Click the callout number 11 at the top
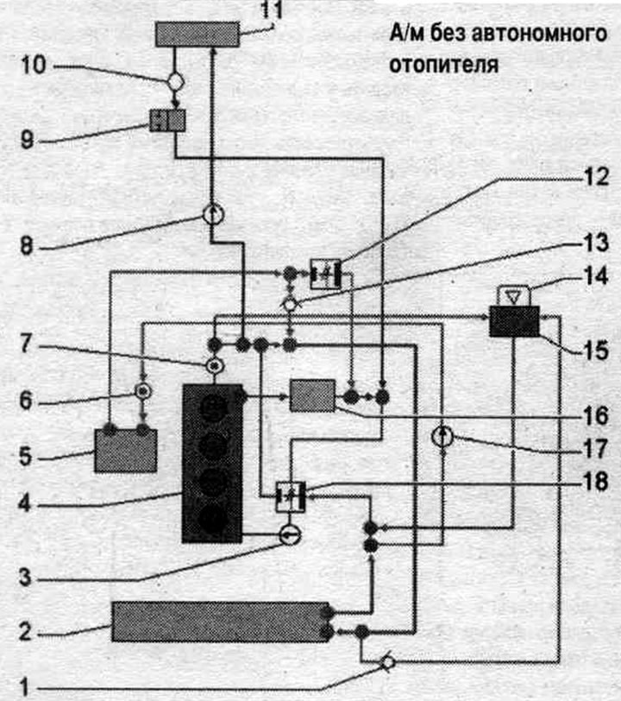point(272,9)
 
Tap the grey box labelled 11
point(198,35)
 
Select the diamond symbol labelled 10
point(176,82)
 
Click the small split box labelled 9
point(167,120)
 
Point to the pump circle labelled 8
point(214,214)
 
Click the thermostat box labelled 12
point(326,274)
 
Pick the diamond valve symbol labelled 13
point(291,305)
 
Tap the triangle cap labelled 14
point(514,296)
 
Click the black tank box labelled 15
point(515,321)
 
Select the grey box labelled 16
point(313,395)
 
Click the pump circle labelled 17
point(442,437)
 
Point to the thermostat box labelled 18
point(291,496)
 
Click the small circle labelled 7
point(215,366)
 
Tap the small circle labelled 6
point(143,392)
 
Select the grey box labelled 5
point(126,452)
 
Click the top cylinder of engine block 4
point(213,408)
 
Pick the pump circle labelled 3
point(291,534)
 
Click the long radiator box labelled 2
point(220,622)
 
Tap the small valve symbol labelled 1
point(388,662)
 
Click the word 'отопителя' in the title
point(443,65)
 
